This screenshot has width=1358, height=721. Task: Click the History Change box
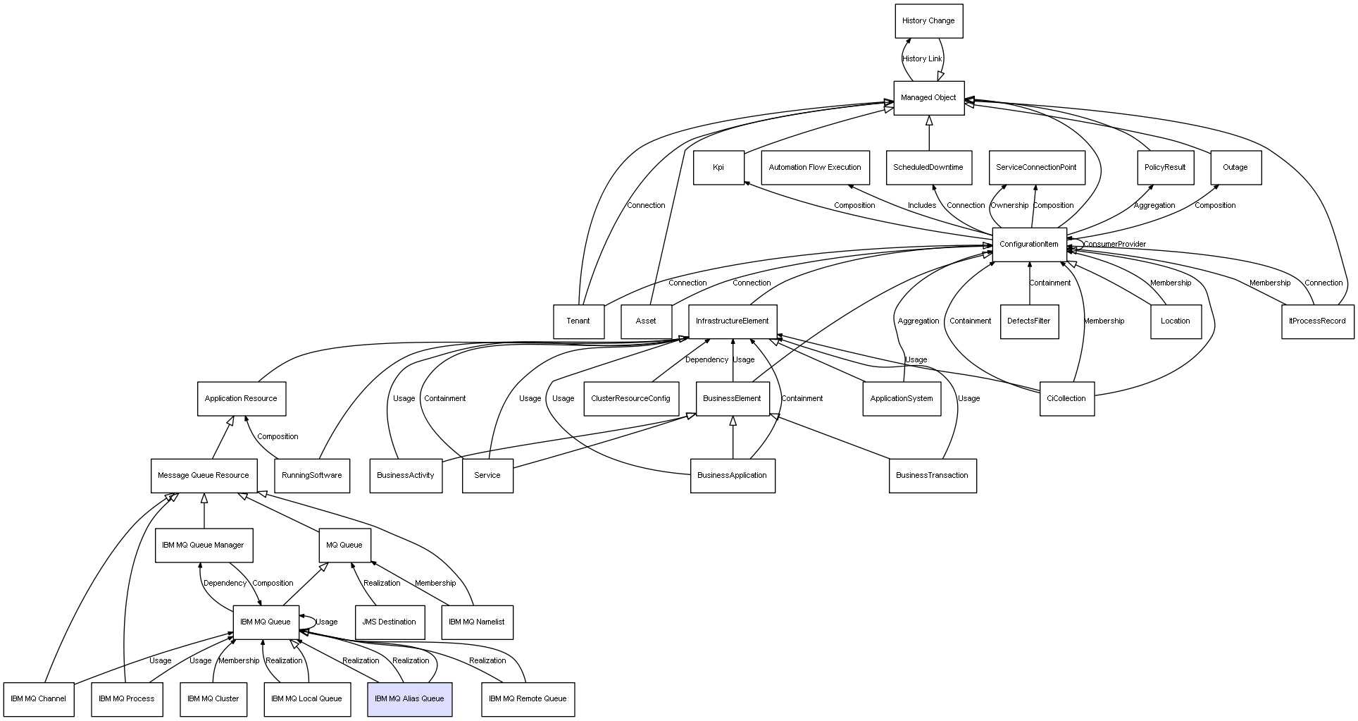(928, 21)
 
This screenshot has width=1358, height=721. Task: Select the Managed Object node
(928, 98)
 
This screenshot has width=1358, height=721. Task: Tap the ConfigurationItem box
(1028, 245)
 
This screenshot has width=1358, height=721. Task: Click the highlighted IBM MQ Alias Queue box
(409, 699)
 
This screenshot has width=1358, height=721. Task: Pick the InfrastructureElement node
(732, 321)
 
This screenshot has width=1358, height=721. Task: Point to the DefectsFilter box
(1028, 321)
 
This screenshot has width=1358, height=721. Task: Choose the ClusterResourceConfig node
(630, 399)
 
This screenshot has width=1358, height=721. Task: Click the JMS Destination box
(389, 622)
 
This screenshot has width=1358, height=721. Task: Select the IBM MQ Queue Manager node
(203, 546)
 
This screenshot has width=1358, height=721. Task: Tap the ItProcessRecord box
(1316, 321)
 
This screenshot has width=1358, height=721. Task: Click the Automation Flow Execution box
(814, 168)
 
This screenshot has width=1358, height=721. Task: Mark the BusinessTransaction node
(932, 476)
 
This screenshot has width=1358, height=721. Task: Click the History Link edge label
(922, 59)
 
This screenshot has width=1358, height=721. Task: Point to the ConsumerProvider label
(1114, 245)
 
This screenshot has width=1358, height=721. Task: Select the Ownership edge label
(1009, 206)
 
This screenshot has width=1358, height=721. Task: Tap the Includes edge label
(921, 206)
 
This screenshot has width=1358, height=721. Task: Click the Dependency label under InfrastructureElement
(706, 360)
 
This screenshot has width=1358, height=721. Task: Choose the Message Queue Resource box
(203, 476)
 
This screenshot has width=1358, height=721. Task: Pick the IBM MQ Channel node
(38, 699)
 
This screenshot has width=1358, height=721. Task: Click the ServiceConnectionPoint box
(1036, 168)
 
